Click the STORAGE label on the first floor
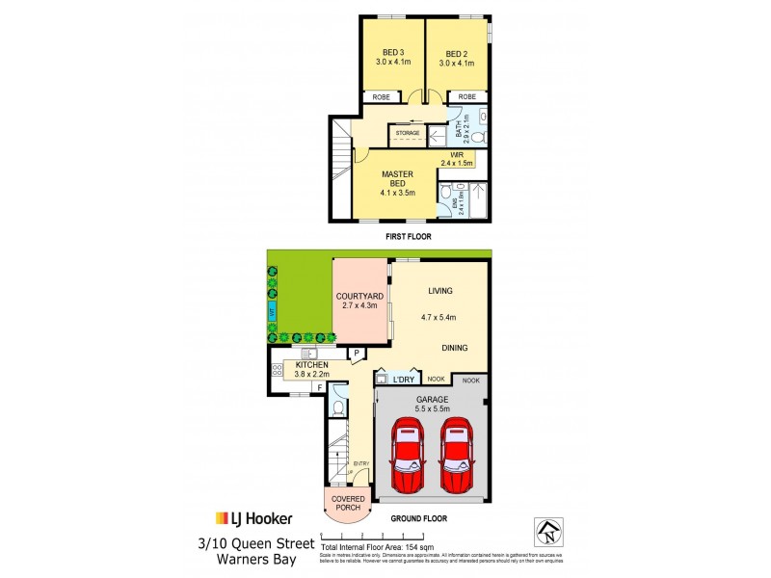[x=407, y=135]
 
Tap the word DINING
[x=456, y=349]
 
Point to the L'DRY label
[x=403, y=381]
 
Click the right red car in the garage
[x=456, y=457]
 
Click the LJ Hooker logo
[x=253, y=518]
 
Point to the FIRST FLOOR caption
[x=406, y=236]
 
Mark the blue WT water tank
[x=273, y=312]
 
